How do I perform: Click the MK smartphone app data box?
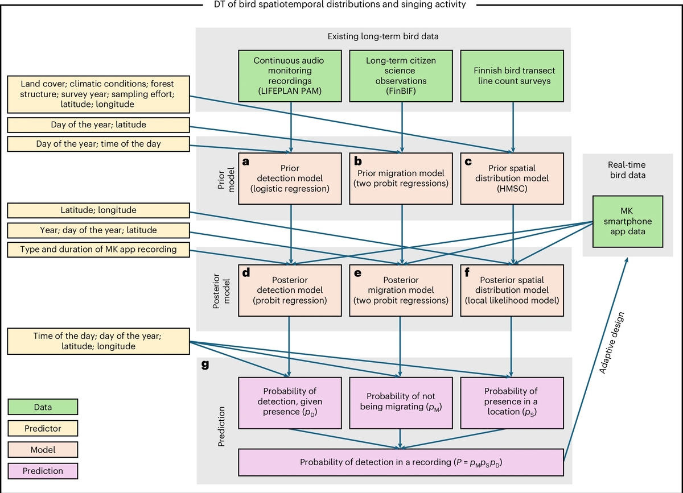click(622, 222)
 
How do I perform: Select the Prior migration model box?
click(402, 178)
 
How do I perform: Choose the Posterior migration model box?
click(402, 291)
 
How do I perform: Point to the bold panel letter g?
click(205, 366)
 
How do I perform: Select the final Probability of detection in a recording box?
click(401, 462)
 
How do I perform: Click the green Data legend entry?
click(43, 407)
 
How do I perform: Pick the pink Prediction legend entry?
click(43, 471)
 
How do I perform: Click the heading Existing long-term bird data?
click(382, 36)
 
